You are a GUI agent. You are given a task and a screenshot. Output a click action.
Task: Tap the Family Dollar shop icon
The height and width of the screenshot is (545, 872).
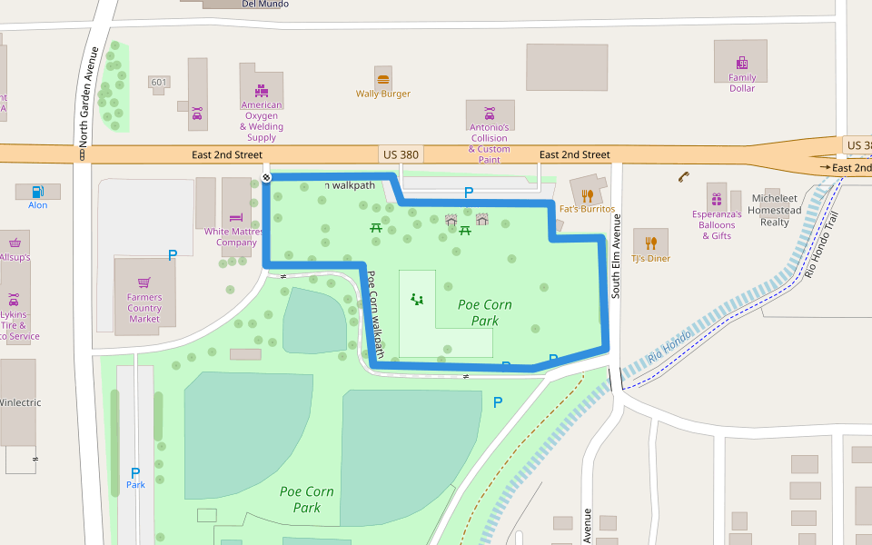coord(742,63)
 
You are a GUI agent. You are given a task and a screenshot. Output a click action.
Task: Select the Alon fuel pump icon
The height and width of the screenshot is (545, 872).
coord(37,192)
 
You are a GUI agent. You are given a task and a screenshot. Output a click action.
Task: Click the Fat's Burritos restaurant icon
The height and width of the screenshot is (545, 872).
coord(588,195)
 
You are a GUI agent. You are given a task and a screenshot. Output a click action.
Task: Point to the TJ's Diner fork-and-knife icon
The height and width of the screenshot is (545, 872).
coord(650,243)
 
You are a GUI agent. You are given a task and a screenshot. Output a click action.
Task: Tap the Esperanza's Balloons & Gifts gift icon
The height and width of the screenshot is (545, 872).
coord(717,199)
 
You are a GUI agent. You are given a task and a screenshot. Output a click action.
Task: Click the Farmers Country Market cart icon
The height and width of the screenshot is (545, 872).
coord(144,282)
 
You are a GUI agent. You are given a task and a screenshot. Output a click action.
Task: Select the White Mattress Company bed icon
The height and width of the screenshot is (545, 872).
coord(236,217)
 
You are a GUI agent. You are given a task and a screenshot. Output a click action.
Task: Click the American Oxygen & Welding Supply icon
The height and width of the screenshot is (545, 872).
coord(262,90)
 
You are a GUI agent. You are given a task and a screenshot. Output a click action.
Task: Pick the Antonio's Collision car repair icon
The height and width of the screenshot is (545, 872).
coord(490,113)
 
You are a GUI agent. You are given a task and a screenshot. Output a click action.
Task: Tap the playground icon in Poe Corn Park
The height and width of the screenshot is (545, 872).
coord(417,298)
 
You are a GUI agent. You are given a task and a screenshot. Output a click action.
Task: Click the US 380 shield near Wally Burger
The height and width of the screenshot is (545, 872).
coord(401,154)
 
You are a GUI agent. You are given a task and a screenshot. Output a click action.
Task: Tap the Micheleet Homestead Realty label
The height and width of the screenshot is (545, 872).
coord(775,210)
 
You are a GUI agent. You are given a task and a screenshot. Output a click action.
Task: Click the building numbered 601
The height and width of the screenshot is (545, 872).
coord(159,83)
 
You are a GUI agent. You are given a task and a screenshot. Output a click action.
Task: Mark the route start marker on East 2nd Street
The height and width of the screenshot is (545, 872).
coord(266,177)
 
